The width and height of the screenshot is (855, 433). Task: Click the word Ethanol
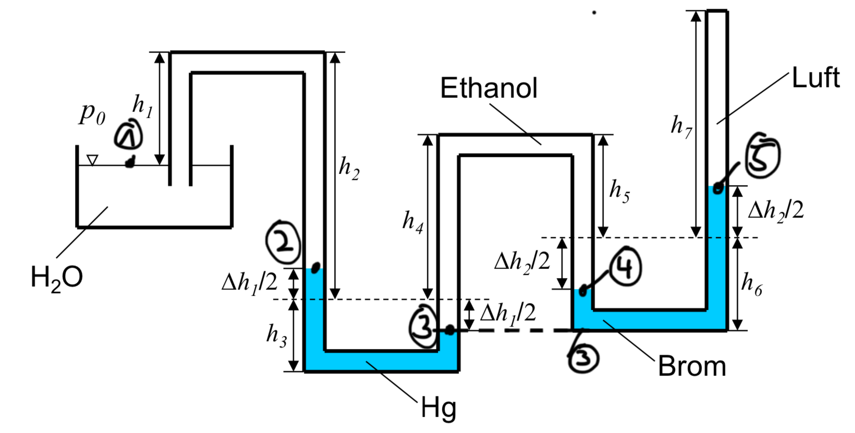coord(488,88)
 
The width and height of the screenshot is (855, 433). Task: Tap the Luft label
coord(816,78)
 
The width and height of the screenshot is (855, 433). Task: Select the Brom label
coord(692,366)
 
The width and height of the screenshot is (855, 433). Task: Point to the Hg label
coord(438,408)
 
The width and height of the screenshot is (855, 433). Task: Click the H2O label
coord(56,279)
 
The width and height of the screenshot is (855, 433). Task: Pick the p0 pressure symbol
coord(92,114)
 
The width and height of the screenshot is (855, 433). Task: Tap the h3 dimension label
coord(276,335)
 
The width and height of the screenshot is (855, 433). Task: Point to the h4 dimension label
coord(412,222)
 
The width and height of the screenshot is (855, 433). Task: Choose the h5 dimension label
coord(619,190)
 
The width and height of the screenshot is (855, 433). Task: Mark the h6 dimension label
coord(752,284)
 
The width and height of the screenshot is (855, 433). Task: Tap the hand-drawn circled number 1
coord(129,135)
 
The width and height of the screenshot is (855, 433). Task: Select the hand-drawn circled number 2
coord(284,242)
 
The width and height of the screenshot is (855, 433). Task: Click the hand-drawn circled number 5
coord(762,155)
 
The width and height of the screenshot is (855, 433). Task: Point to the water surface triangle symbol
coord(92,160)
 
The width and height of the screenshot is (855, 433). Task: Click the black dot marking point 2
coord(315,268)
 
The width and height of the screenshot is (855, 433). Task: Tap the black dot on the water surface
coord(130,162)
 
